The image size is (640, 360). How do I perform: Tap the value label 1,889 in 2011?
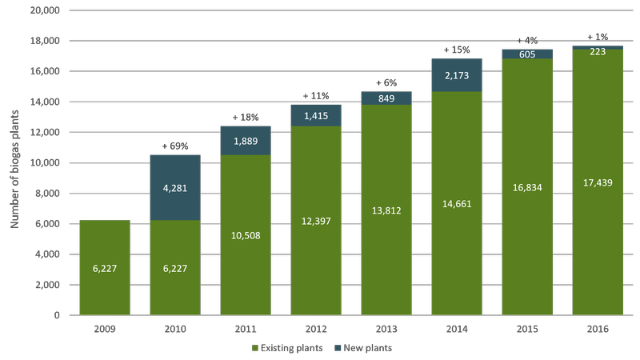coord(245,141)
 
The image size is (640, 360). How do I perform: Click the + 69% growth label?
coord(175,146)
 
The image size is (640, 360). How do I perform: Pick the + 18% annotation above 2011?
coord(246,118)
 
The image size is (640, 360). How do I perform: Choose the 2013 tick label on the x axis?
coord(386,327)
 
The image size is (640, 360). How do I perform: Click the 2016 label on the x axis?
coord(598,327)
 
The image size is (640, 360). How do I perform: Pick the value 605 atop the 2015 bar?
coord(527,54)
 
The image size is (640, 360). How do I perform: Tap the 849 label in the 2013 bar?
coord(386,98)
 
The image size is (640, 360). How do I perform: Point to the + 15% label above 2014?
coord(457,50)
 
